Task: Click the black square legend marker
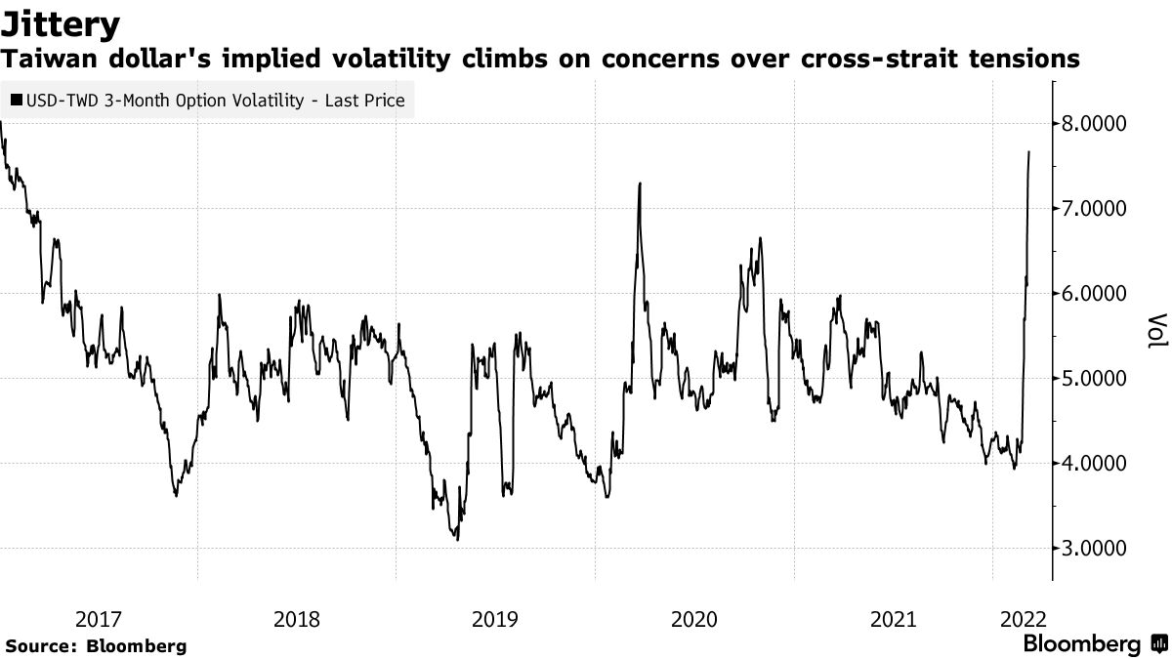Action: coord(18,101)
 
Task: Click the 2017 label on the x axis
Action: coord(98,619)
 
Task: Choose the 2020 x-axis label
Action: coord(693,619)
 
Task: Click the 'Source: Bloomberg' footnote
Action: coord(96,645)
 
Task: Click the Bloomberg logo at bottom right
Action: coord(1082,644)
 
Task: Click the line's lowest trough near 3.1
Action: coord(456,538)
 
